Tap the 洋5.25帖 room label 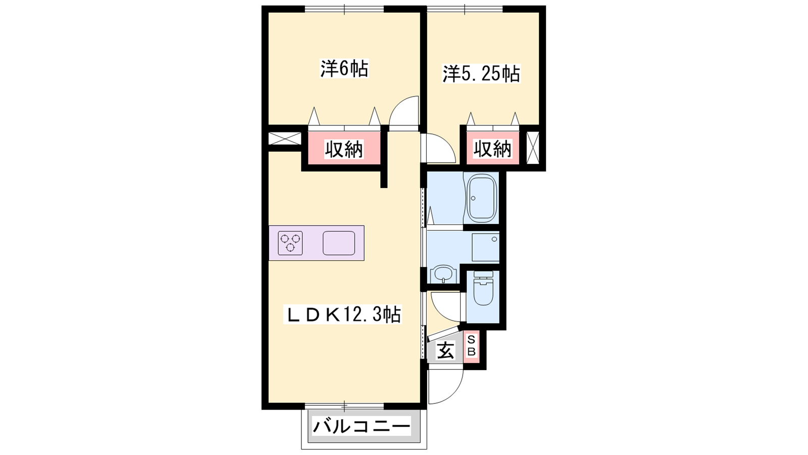click(x=481, y=74)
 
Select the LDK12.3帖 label click(x=343, y=314)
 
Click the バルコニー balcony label click(x=362, y=427)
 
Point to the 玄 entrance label click(x=445, y=350)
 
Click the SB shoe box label click(x=472, y=346)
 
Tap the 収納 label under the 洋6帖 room click(x=344, y=149)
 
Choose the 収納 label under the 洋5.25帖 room click(x=492, y=149)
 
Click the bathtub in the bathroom click(x=482, y=198)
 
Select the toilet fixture click(x=483, y=288)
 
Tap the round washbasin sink click(x=443, y=274)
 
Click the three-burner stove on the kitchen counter click(x=290, y=243)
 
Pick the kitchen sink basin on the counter click(x=339, y=243)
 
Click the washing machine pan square click(x=485, y=247)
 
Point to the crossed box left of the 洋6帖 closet click(x=285, y=139)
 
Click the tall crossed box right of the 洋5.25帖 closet click(x=533, y=148)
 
